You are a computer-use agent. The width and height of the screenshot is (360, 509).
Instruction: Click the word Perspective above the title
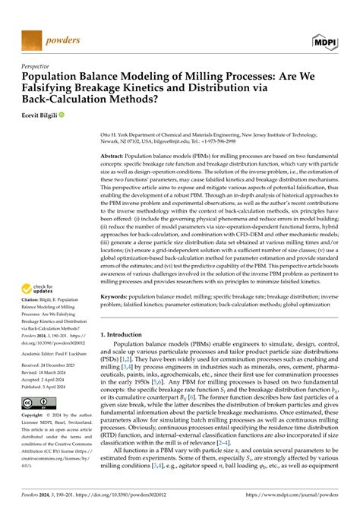(x=39, y=67)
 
